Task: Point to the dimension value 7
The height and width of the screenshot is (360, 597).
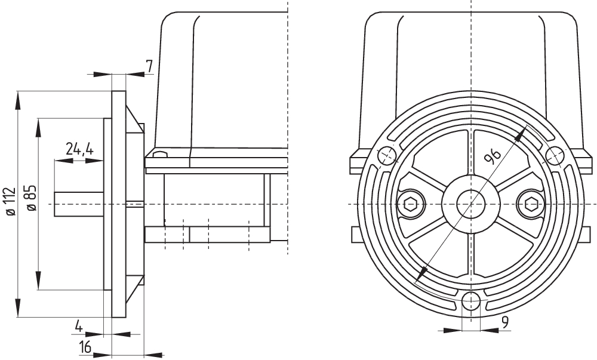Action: [149, 65]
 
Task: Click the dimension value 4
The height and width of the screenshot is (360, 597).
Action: [78, 326]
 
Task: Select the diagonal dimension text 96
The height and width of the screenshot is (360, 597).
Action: [493, 156]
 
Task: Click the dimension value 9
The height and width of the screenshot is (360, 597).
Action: [504, 323]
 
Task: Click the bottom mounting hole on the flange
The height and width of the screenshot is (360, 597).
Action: [471, 300]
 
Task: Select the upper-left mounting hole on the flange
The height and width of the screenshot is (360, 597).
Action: [387, 155]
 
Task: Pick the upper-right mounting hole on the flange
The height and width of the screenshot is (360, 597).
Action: [555, 155]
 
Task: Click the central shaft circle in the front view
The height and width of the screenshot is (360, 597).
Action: [471, 204]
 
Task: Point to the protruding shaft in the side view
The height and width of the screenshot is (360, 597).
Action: [78, 204]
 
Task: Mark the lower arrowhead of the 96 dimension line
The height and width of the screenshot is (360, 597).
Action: [421, 274]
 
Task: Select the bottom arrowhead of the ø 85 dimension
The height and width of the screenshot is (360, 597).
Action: [39, 283]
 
